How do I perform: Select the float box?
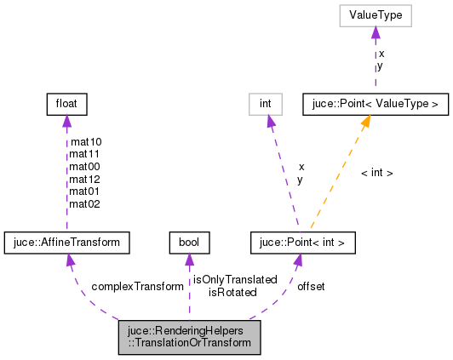coord(66,105)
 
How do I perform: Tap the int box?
coord(266,105)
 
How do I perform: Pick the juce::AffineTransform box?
coord(66,243)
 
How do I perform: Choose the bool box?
coord(188,243)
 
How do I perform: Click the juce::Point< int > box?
coord(302,243)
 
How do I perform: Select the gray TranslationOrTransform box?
coord(189,337)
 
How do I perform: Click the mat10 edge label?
coord(85,142)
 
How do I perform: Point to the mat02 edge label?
coord(85,203)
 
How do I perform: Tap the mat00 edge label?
coord(85,167)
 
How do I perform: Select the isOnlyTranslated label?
coord(235,279)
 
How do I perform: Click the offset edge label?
coord(311,287)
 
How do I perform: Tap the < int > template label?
coord(377,173)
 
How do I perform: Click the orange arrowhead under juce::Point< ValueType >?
coord(366,122)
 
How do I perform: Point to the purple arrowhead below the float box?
coord(66,122)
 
